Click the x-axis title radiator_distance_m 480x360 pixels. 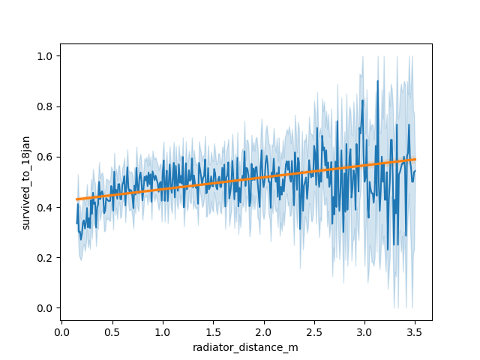(246, 347)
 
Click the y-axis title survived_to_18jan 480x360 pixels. (25, 182)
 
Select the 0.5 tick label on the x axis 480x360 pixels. (112, 331)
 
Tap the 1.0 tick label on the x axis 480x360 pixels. (163, 331)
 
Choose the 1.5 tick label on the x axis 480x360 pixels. (213, 331)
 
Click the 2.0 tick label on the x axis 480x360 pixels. (263, 331)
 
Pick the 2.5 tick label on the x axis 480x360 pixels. (314, 331)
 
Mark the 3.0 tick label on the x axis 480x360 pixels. (364, 331)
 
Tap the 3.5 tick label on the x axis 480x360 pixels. (415, 331)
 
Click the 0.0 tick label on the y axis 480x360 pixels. (45, 308)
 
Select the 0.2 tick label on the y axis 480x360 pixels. (45, 258)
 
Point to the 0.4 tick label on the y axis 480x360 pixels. (45, 208)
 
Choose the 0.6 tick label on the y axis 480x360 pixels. (45, 157)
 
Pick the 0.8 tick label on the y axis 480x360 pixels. (45, 106)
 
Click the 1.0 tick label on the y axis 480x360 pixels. (45, 56)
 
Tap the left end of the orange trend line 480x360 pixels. (76, 199)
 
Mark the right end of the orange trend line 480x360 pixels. (415, 159)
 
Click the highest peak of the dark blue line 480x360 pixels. (378, 81)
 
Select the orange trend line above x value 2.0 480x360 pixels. (263, 177)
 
